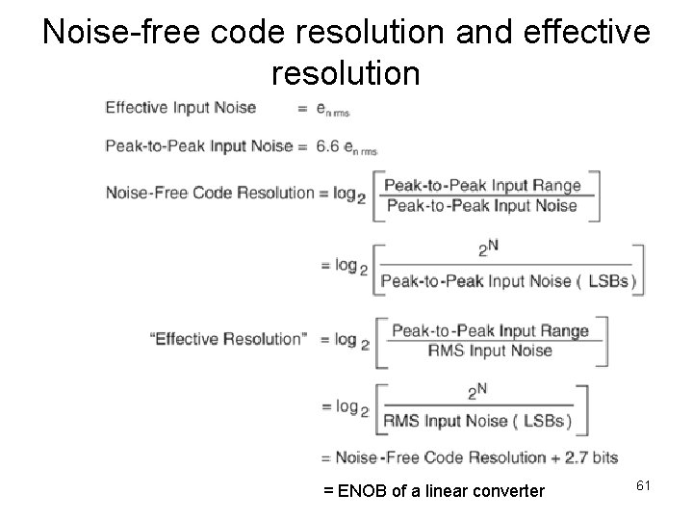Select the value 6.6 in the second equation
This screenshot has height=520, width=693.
(327, 146)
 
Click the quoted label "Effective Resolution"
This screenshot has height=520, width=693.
(225, 338)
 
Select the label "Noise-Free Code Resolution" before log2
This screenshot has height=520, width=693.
(210, 192)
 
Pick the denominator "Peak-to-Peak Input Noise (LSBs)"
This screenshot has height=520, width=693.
(508, 280)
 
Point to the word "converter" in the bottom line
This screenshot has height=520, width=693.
(505, 492)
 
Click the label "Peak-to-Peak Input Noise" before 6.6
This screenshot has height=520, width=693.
(198, 146)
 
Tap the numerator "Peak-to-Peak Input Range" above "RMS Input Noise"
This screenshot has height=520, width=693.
(490, 330)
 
